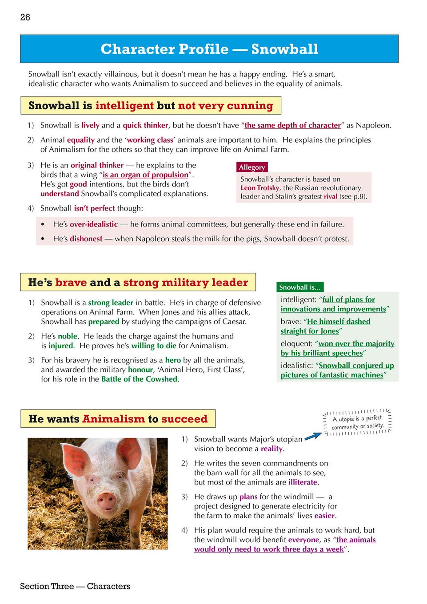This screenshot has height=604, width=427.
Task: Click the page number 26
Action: click(25, 17)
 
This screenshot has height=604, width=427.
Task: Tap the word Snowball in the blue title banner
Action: click(284, 49)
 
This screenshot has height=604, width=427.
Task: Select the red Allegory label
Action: click(251, 167)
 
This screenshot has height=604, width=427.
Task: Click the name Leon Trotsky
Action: click(259, 188)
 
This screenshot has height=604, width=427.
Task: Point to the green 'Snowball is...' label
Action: click(299, 287)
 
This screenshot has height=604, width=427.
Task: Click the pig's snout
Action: click(107, 502)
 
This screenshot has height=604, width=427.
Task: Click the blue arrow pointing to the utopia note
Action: click(313, 436)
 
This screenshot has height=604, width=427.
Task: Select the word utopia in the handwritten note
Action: click(346, 419)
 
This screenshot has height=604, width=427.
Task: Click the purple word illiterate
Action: click(303, 482)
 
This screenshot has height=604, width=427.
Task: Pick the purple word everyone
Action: click(303, 540)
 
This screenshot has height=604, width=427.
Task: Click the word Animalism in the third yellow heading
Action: click(114, 419)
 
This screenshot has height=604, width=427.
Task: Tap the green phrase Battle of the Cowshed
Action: click(139, 379)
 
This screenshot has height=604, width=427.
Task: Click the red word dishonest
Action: click(86, 239)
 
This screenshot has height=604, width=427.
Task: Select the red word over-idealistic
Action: click(93, 224)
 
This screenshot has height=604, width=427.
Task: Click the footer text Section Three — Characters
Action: click(75, 586)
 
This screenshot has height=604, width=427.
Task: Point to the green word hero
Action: click(173, 360)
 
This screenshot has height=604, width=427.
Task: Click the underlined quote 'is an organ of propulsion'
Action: click(145, 175)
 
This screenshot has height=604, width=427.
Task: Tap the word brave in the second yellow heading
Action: click(71, 282)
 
